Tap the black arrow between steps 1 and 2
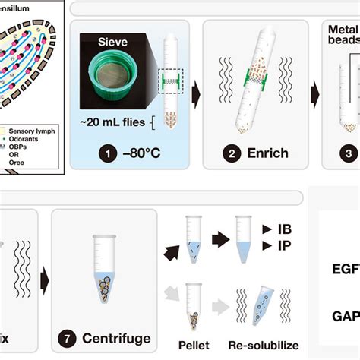(195, 95)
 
